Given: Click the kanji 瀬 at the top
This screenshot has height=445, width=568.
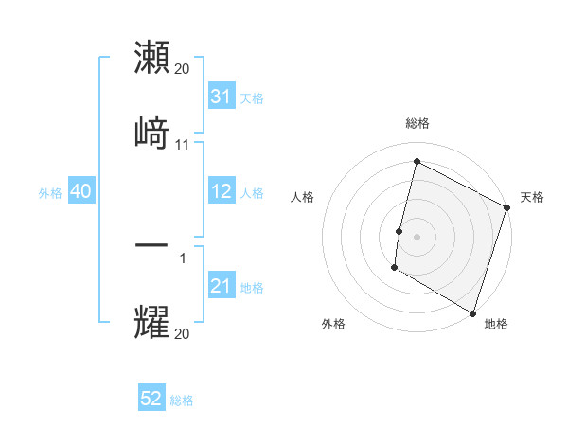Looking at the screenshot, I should [x=152, y=59].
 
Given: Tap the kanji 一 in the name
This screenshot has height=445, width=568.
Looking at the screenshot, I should [x=152, y=245].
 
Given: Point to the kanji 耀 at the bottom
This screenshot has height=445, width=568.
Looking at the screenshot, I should [x=152, y=321].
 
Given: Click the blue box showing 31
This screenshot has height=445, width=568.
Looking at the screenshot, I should [x=222, y=97].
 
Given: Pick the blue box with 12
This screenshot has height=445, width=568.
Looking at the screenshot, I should [x=222, y=192].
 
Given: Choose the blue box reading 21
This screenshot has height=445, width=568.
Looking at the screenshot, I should [x=222, y=286].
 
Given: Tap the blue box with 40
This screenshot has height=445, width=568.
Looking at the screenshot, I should [x=80, y=192].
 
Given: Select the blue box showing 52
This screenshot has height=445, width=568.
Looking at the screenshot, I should [x=151, y=400].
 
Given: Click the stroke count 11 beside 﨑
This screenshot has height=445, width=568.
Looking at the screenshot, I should [x=183, y=145].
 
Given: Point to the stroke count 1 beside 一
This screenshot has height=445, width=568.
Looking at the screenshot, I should [x=183, y=258].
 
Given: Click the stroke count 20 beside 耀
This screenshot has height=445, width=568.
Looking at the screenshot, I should [x=183, y=334].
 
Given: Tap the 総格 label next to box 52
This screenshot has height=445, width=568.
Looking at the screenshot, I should [x=182, y=400].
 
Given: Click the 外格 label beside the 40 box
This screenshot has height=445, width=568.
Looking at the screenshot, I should [x=50, y=193].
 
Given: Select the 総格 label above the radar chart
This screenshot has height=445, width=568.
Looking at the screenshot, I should [x=417, y=123].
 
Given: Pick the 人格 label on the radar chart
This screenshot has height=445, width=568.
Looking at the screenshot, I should [x=303, y=197].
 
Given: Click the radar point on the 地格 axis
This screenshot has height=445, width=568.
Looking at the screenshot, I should [x=472, y=312].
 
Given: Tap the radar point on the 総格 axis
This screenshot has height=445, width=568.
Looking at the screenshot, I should [x=417, y=162].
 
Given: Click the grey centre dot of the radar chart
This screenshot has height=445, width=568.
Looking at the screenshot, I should [x=417, y=235].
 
